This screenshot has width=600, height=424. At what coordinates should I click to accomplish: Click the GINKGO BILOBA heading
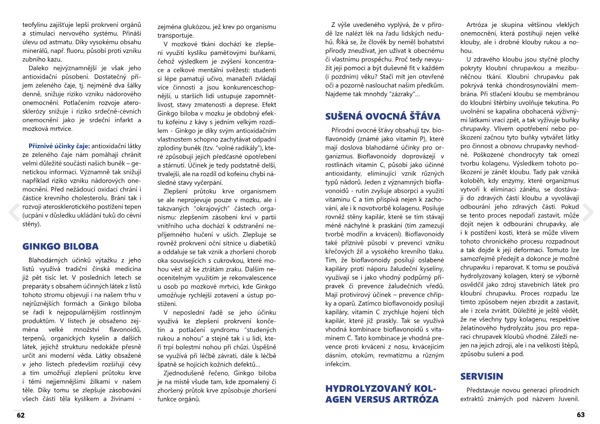pos(60,247)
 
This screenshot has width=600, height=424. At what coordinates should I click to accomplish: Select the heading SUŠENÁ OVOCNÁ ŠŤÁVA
pos(383,116)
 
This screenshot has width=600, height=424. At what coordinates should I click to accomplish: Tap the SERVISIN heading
pos(481,376)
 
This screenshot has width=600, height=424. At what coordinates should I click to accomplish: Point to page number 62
pos(21,415)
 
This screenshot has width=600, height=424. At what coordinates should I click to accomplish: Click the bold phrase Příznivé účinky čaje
pos(59,145)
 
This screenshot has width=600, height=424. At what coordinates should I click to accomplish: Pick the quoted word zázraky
pos(399,94)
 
